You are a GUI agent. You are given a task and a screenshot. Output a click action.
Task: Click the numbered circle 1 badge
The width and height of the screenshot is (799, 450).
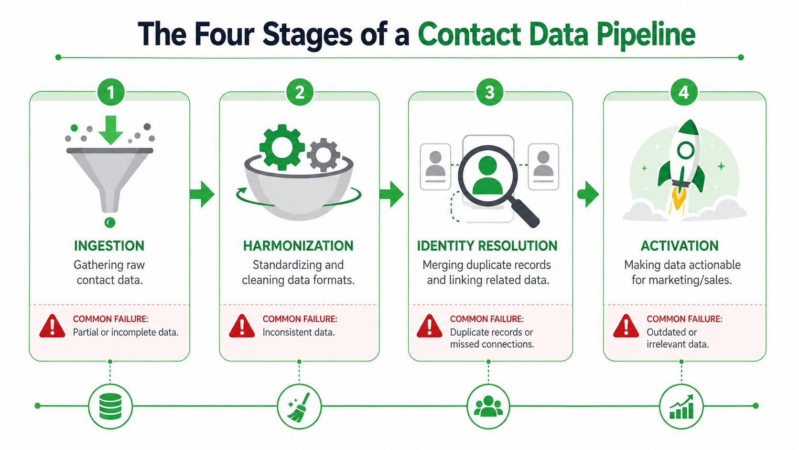111,92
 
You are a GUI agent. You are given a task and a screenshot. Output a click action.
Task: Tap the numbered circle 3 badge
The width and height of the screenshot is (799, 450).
489,92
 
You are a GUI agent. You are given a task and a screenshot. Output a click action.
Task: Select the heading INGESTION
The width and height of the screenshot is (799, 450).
109,245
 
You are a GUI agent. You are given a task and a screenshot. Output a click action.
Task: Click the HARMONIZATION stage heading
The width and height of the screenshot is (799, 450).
298,245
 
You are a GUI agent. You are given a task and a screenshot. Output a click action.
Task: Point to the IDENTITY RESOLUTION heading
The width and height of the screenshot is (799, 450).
487,245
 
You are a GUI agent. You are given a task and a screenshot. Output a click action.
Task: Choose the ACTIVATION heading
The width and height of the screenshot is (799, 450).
680,245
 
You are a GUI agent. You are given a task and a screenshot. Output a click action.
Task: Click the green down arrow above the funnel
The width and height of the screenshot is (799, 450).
111,130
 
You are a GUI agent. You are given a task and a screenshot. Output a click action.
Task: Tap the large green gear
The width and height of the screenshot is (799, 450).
282,147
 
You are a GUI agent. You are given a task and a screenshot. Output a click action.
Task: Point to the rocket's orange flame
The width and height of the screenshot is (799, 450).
679,200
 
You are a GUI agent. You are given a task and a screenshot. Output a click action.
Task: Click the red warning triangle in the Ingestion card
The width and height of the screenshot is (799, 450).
53,326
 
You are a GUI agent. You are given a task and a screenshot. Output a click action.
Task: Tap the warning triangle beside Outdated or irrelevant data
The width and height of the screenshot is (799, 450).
626,326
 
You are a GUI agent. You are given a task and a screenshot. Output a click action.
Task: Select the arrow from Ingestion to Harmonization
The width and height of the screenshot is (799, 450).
202,194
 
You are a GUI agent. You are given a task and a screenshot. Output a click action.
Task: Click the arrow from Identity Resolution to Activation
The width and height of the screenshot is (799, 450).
588,194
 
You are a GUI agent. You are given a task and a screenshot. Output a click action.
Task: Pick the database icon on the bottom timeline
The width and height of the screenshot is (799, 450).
110,406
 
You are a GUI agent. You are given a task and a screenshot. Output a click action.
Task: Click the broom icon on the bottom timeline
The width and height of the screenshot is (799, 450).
299,407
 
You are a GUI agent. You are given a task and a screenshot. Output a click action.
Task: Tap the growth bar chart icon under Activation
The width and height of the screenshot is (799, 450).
681,406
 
